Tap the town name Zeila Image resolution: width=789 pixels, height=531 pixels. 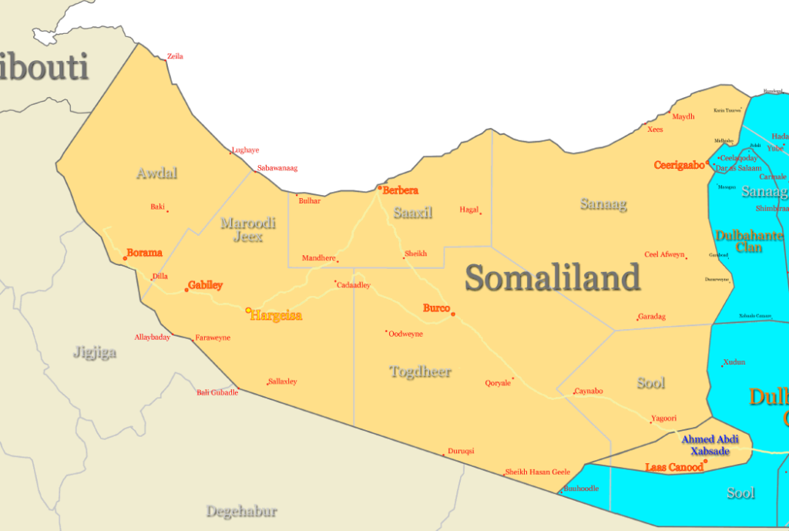(175, 56)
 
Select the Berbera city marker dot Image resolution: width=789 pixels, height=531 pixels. (379, 187)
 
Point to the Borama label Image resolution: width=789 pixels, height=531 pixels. (145, 253)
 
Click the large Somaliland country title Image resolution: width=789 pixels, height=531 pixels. (552, 277)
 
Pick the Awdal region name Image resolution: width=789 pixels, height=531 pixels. (156, 173)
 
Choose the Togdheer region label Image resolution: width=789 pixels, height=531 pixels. (421, 372)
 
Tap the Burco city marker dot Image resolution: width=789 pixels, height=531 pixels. (453, 314)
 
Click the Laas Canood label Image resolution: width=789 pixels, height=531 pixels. (673, 467)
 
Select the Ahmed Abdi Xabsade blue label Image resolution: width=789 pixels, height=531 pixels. (710, 445)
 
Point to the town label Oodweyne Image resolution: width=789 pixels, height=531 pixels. (406, 333)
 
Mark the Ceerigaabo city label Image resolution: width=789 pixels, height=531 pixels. (679, 165)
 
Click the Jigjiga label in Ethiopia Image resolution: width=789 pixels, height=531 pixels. (95, 353)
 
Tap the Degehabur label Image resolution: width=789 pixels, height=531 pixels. (241, 511)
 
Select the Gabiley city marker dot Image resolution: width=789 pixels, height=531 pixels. (186, 290)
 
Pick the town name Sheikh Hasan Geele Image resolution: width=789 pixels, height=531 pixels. (537, 472)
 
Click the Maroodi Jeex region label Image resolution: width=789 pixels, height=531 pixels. (248, 230)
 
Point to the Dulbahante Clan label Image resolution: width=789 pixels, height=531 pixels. (739, 241)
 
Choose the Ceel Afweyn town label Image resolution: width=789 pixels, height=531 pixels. (664, 254)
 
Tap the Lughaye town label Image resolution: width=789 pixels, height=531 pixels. (246, 150)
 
